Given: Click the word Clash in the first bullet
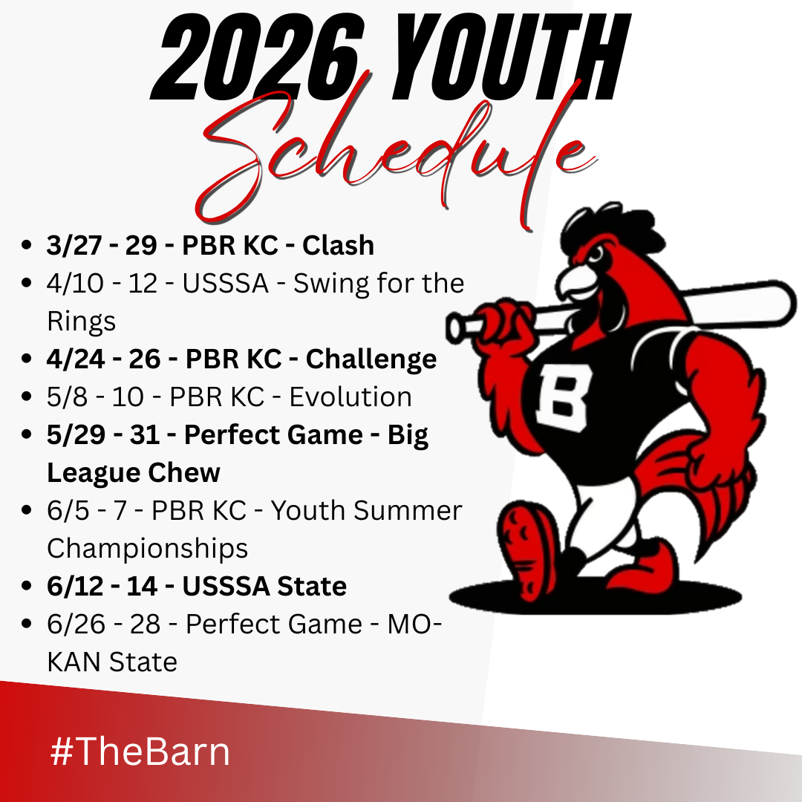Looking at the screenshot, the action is (338, 245).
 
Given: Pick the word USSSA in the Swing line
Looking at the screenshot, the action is (225, 284).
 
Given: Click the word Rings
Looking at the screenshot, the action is (82, 322).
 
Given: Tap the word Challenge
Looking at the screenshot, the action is (371, 359).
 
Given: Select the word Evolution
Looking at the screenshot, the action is (351, 397).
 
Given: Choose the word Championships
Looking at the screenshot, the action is (147, 549).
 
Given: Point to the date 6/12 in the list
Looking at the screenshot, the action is (75, 586).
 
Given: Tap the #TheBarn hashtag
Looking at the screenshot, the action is (140, 752).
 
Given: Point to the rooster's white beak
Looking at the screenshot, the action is (576, 281).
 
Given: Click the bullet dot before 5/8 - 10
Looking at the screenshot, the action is (27, 397).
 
